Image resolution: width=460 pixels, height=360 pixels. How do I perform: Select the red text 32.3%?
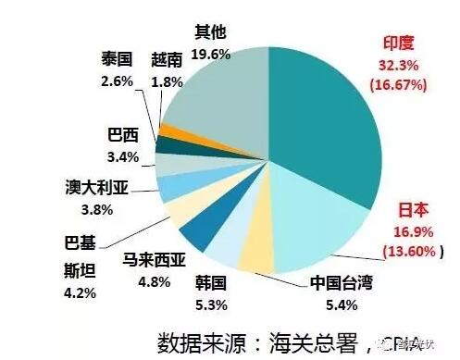[404, 65]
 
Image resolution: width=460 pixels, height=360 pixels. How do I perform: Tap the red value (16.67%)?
[404, 85]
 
